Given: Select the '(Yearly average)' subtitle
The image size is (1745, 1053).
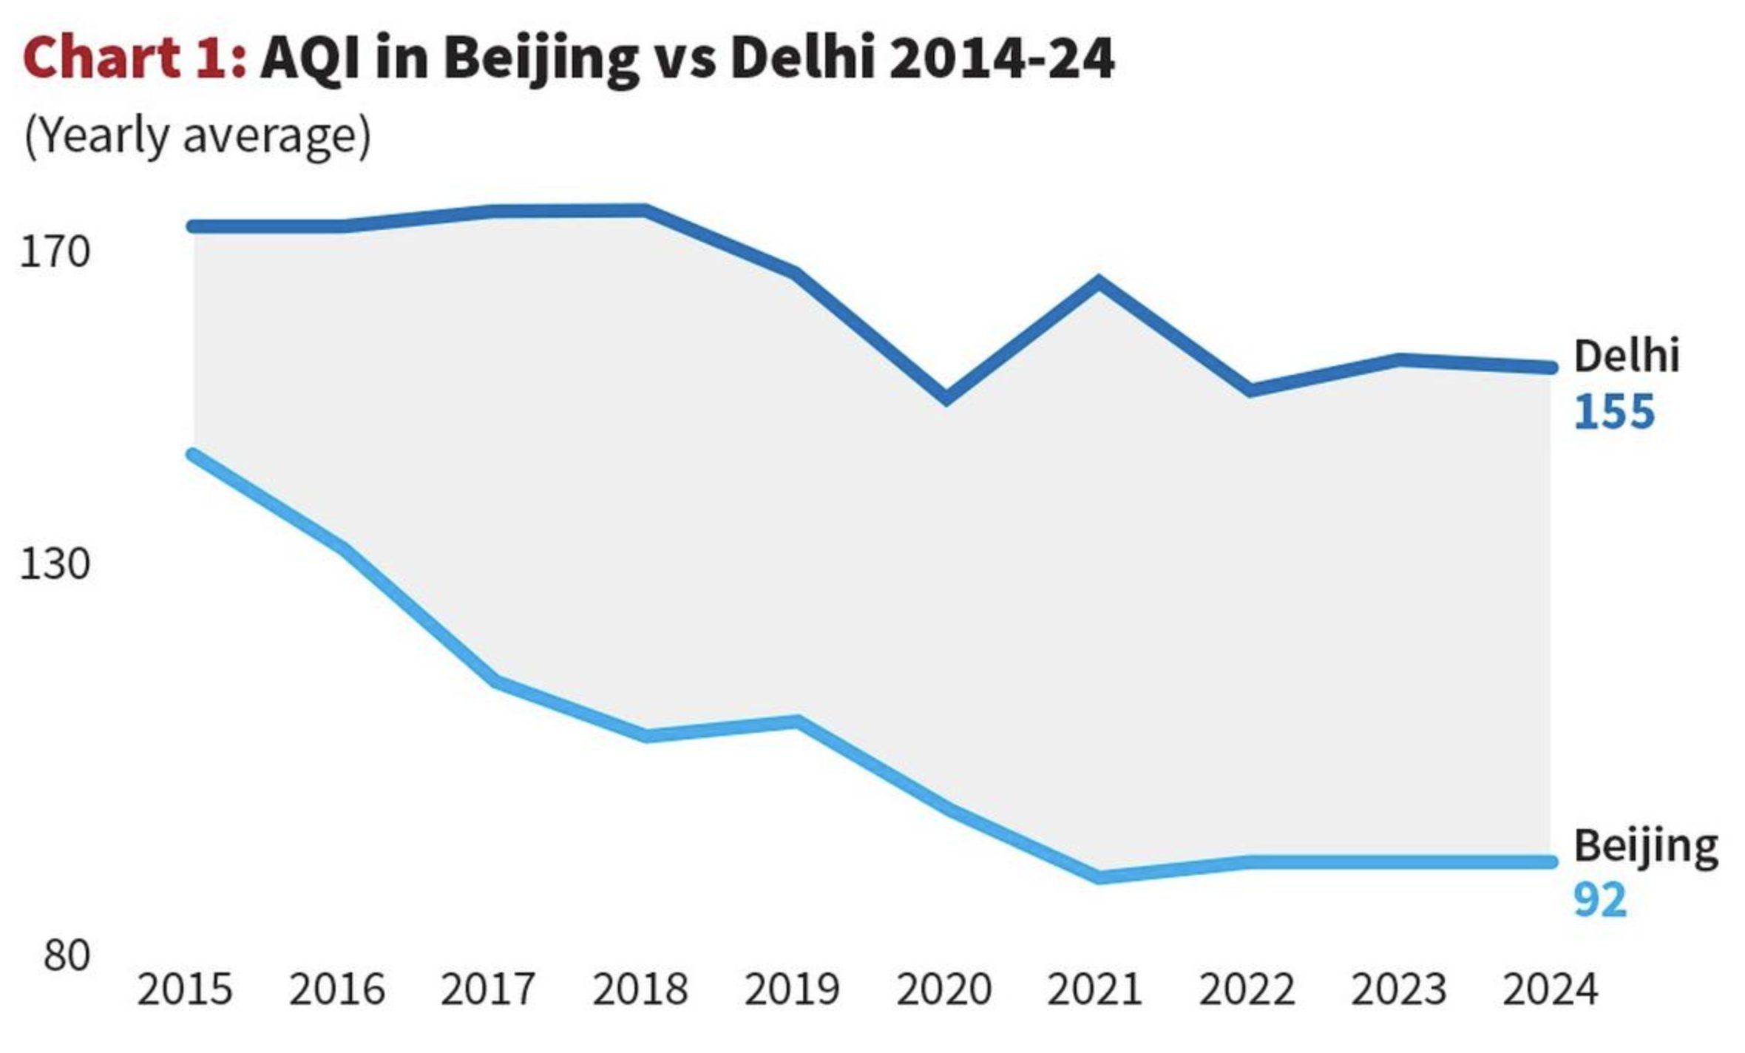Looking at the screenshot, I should [x=197, y=136].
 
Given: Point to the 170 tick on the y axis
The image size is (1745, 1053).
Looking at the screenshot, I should [x=55, y=252].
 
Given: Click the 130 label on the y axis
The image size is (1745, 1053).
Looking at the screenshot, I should [x=55, y=564].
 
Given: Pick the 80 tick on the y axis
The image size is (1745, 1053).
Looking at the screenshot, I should [x=67, y=955].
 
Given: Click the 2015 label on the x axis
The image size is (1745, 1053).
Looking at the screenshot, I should [x=184, y=989].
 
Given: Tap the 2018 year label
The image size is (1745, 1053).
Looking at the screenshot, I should [x=640, y=989].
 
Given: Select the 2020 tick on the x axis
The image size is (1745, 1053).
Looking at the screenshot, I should [x=943, y=989].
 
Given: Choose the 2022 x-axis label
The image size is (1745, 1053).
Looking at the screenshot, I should [x=1247, y=989].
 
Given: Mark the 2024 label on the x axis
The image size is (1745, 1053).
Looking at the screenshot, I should [x=1550, y=989].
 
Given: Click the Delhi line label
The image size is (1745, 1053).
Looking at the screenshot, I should [x=1626, y=356].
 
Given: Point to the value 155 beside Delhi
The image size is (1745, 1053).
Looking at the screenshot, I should [x=1613, y=412].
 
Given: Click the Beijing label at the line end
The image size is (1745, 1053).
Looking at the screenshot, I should [x=1645, y=846].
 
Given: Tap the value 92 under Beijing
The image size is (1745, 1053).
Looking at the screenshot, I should [x=1600, y=900].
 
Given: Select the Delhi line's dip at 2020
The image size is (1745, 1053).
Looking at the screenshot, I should [x=946, y=398].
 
